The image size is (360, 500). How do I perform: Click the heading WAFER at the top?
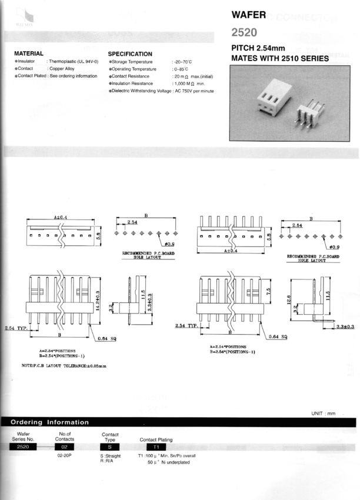click(251, 14)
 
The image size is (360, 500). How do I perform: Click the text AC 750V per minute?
click(194, 91)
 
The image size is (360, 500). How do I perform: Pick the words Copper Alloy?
click(61, 69)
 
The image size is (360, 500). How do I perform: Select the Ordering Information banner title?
click(50, 422)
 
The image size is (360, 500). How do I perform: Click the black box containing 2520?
click(24, 447)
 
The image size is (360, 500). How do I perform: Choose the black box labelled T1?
click(156, 447)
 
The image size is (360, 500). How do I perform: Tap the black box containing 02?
click(65, 447)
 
